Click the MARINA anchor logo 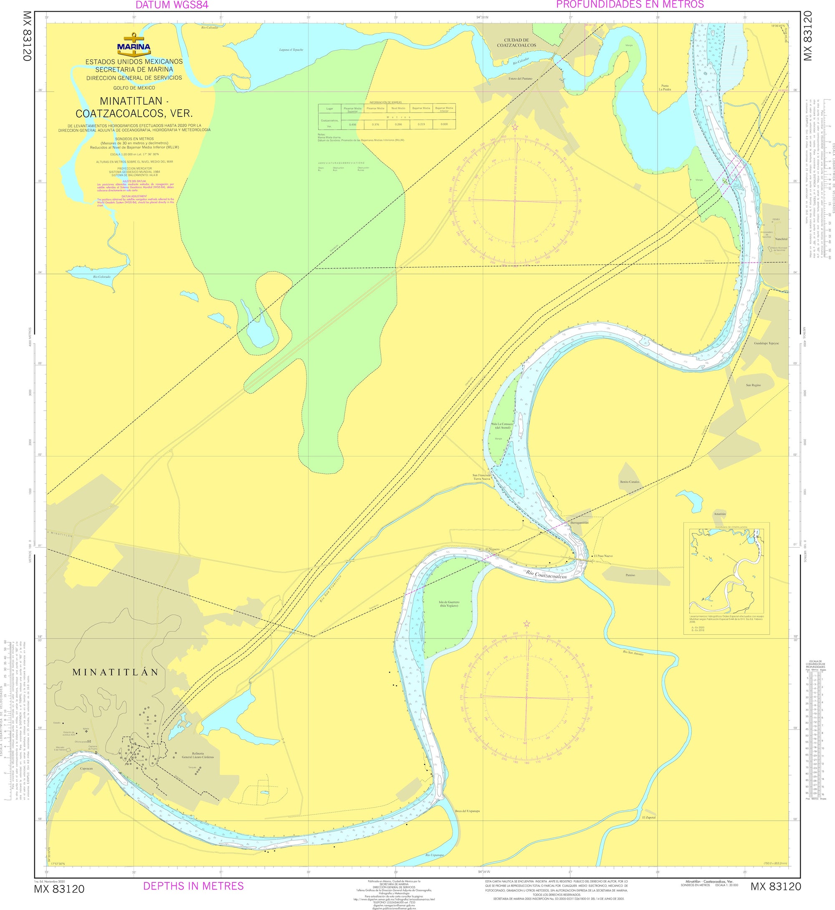[x=134, y=45]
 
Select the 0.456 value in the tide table [x=353, y=124]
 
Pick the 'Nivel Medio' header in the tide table [x=398, y=108]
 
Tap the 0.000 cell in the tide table [x=444, y=124]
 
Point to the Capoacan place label [x=86, y=768]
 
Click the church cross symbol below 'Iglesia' [x=86, y=731]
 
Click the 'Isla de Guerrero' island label [x=449, y=604]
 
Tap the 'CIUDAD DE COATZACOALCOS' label [x=516, y=43]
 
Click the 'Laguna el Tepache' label [x=291, y=50]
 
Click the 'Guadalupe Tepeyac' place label [x=766, y=343]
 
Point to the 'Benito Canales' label [x=630, y=482]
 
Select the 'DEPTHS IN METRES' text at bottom [x=193, y=886]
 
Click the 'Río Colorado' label [x=102, y=277]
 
